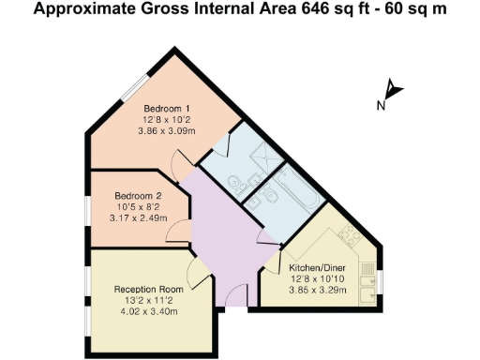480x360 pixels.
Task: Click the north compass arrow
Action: [393, 92]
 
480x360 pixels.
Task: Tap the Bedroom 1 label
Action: [167, 109]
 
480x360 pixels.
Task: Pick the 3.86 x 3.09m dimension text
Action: [167, 131]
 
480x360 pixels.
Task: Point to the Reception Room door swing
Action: [199, 274]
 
